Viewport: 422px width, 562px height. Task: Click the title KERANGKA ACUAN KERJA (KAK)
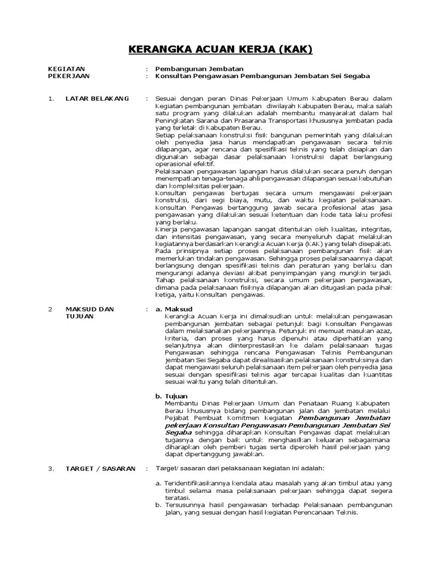(x=220, y=50)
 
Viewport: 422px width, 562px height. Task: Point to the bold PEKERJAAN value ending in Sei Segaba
(x=263, y=76)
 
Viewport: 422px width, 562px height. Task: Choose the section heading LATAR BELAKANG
(x=97, y=98)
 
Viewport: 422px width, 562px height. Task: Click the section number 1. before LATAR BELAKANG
(x=51, y=98)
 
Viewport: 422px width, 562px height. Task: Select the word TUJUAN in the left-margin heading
(x=79, y=317)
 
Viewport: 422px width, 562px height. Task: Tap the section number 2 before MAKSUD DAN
(x=50, y=309)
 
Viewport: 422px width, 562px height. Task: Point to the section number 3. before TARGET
(x=51, y=468)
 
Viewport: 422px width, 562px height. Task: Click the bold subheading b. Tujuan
(x=171, y=396)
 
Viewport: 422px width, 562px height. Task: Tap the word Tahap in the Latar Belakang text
(x=165, y=279)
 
